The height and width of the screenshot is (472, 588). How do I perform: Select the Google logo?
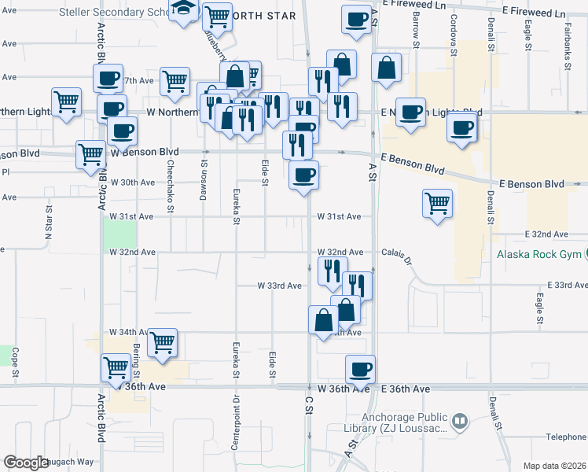click(x=26, y=463)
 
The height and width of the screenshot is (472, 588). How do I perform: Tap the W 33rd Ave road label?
click(x=280, y=286)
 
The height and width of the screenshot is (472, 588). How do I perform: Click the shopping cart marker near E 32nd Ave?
click(x=437, y=204)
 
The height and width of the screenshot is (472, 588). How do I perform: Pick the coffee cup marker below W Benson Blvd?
click(x=303, y=175)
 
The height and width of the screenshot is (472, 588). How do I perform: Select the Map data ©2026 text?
click(x=554, y=466)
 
